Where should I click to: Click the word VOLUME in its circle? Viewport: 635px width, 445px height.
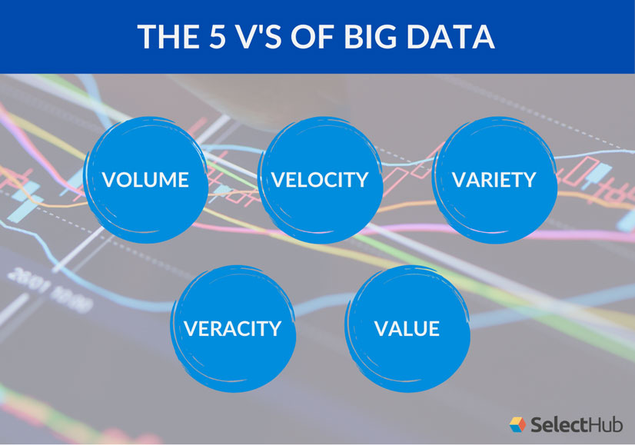[145, 180]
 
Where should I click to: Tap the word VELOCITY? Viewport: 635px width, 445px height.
[320, 180]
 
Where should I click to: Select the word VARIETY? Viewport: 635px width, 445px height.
[494, 180]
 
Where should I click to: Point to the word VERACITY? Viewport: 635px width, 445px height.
[232, 329]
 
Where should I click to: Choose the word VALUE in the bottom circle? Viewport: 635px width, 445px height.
[407, 329]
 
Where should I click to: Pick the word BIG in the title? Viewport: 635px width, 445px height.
[374, 37]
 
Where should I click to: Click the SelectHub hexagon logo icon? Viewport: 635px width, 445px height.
[518, 423]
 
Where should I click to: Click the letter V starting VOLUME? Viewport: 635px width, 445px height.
[109, 180]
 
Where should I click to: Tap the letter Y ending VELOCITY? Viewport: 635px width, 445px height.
[362, 180]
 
